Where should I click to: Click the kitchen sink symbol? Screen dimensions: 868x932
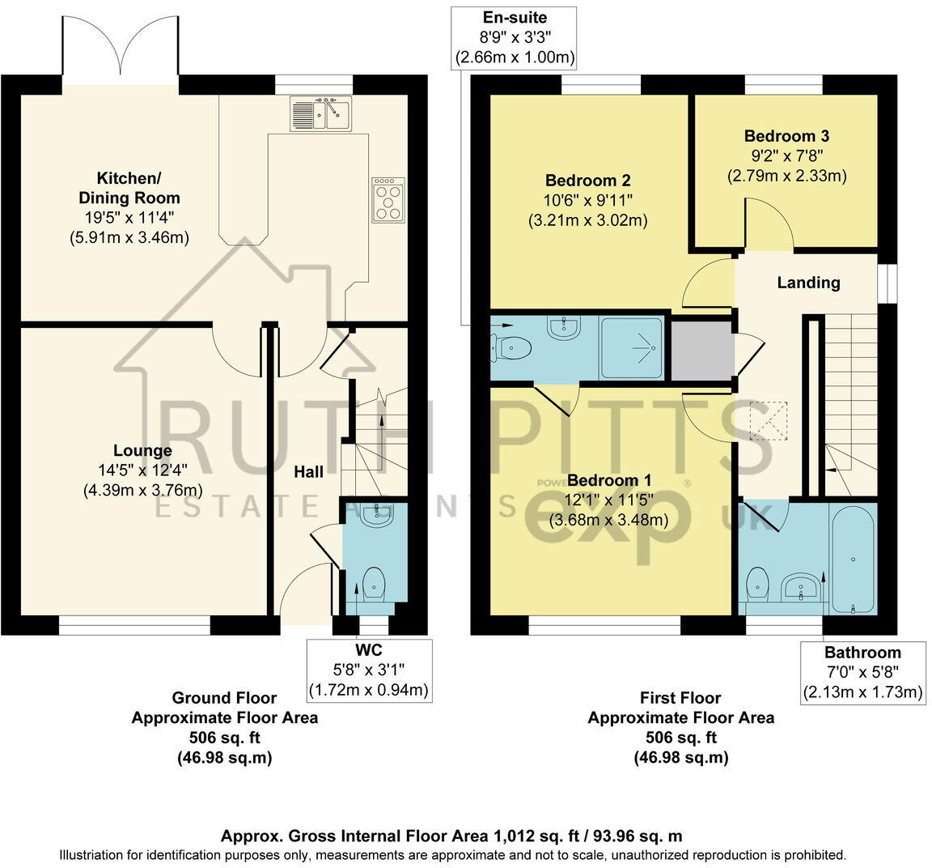tap(320, 113)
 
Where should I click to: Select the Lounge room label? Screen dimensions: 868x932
tap(142, 451)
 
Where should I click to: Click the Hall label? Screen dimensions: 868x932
tap(308, 471)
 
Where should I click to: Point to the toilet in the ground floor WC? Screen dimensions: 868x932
tap(374, 582)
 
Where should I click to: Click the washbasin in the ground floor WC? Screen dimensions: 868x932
tap(375, 516)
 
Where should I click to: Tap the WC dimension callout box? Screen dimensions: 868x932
tap(369, 670)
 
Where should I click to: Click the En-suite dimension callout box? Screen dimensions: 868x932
tap(515, 37)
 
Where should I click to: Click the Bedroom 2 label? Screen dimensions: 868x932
tap(587, 181)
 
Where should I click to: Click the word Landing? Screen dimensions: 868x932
tap(808, 283)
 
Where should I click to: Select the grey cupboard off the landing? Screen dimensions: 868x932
tap(701, 349)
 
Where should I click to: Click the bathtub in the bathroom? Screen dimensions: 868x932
tap(854, 558)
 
